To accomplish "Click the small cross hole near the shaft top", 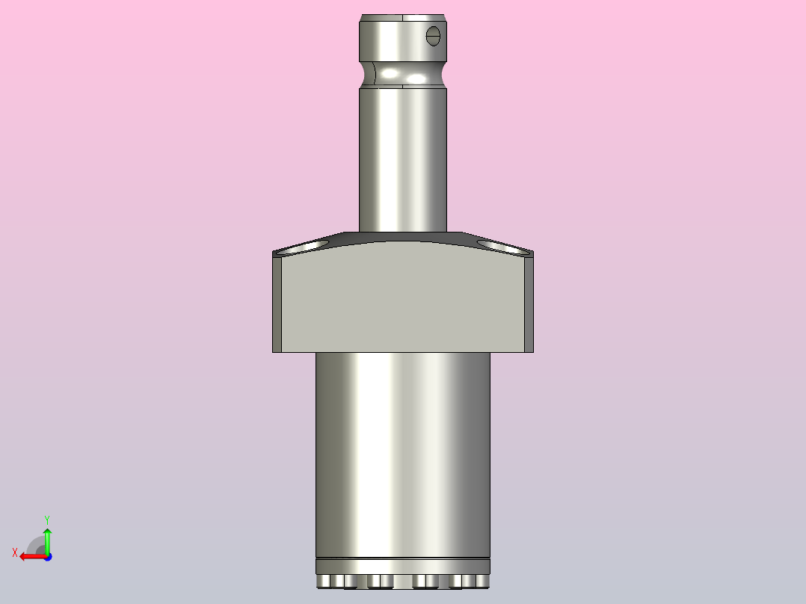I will (x=434, y=35).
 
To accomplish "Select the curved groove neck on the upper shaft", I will (x=403, y=75).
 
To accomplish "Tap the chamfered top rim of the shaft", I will (x=403, y=17).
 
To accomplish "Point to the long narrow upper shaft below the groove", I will (x=403, y=157).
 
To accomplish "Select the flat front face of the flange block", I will (x=403, y=299).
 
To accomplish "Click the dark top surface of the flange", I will (x=403, y=237).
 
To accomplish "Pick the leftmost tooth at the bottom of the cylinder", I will (x=323, y=582).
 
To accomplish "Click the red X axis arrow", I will (x=30, y=556).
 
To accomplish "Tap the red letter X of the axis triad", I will (x=15, y=552).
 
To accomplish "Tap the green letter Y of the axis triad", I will (x=47, y=519).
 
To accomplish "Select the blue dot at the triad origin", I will (x=47, y=556).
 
